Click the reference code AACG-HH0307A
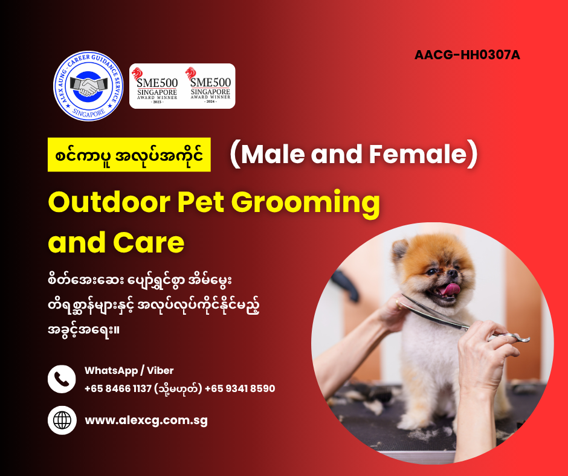(x=467, y=55)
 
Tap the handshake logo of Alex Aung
(x=88, y=86)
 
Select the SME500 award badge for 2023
(x=157, y=86)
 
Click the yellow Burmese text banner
(x=129, y=155)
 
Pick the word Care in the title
(x=149, y=243)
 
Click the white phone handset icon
(x=62, y=379)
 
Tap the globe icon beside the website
(x=62, y=420)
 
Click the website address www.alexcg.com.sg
(x=146, y=420)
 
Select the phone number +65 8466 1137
(x=118, y=388)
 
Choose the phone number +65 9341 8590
(x=240, y=388)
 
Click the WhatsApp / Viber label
(x=129, y=370)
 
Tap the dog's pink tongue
(x=450, y=289)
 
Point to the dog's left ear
(x=400, y=250)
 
